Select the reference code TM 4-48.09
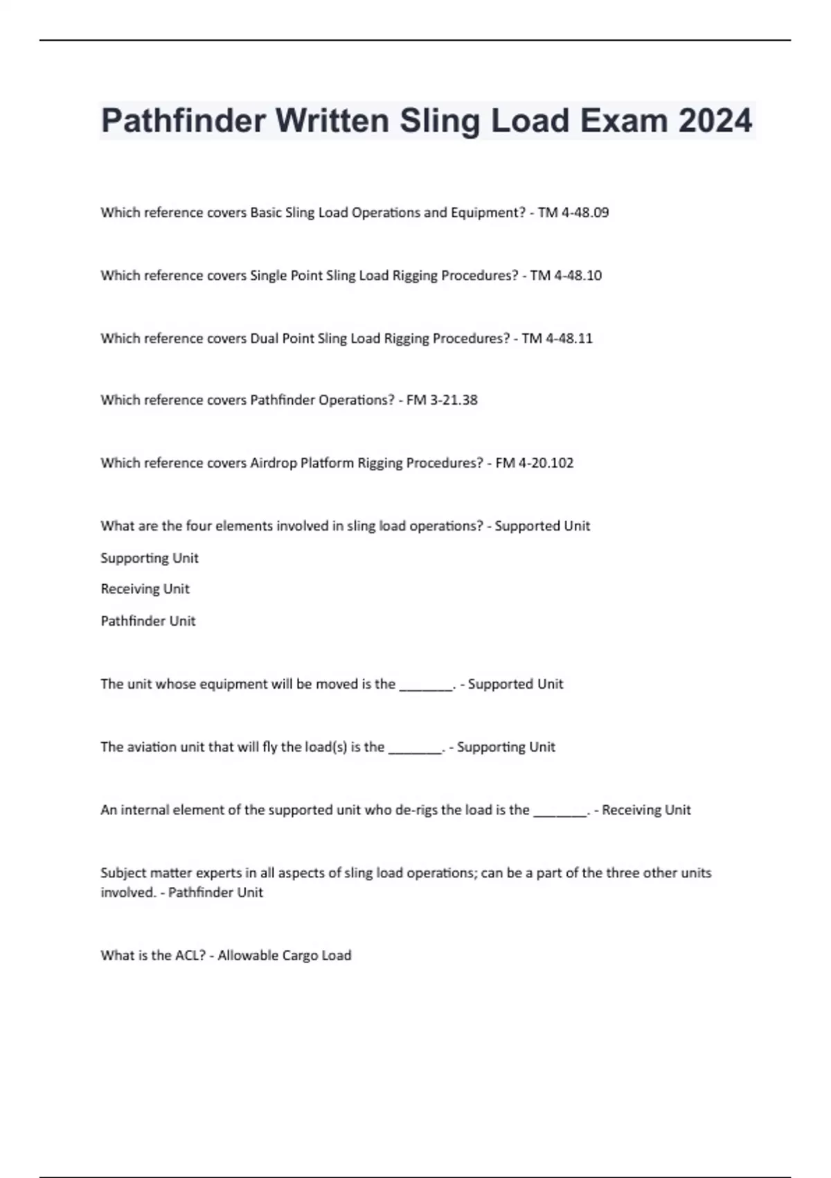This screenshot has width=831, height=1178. click(x=573, y=213)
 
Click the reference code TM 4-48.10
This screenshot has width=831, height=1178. click(x=566, y=276)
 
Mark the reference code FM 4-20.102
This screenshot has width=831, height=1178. click(x=535, y=463)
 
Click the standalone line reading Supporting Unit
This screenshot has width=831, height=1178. click(x=150, y=559)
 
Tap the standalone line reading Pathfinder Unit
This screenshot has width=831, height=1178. click(x=148, y=621)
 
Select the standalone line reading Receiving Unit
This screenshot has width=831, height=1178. click(x=145, y=589)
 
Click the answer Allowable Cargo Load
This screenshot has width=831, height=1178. click(x=285, y=956)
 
